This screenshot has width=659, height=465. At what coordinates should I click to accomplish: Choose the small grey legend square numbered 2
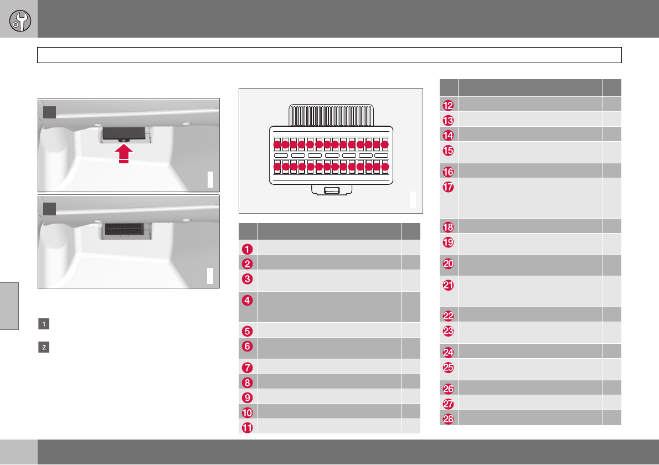43,348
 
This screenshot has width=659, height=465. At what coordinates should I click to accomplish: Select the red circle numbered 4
248,301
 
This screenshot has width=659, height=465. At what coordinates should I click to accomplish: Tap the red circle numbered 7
248,366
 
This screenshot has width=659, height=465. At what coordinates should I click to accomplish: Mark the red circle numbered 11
248,426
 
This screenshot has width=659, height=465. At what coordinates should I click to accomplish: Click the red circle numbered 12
449,104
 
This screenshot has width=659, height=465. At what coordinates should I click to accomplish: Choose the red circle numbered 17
449,188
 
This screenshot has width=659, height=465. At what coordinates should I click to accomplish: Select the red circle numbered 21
449,285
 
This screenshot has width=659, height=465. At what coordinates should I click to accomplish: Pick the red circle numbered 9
248,396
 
